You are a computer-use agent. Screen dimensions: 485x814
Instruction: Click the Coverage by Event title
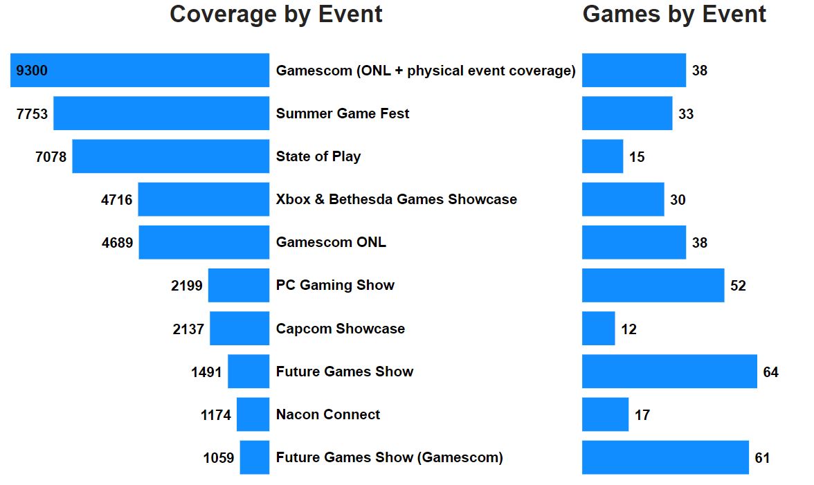275,15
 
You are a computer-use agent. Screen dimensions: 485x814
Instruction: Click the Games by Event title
674,15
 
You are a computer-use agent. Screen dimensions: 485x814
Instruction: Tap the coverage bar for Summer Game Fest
161,113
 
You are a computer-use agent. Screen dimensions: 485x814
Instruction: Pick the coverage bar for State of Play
170,156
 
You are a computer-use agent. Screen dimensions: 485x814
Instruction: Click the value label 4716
116,200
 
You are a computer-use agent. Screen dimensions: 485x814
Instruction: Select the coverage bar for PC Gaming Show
239,286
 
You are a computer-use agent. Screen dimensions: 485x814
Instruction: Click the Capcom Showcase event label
340,329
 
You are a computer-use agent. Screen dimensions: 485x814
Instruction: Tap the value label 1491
206,372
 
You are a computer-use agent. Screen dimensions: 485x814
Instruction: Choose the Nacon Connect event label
328,415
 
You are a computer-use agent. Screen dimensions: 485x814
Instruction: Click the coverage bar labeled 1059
255,458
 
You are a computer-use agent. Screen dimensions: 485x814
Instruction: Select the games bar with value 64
669,372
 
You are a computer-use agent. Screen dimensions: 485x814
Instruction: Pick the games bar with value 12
598,329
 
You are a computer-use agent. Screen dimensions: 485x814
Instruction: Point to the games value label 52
738,286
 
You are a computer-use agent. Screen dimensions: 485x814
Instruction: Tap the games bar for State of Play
602,156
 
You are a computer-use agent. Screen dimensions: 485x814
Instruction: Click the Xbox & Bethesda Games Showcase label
396,200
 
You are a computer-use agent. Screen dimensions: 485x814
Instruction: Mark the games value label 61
762,458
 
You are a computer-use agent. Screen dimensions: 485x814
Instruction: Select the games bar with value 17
605,415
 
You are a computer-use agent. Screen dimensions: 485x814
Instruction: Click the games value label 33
685,113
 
